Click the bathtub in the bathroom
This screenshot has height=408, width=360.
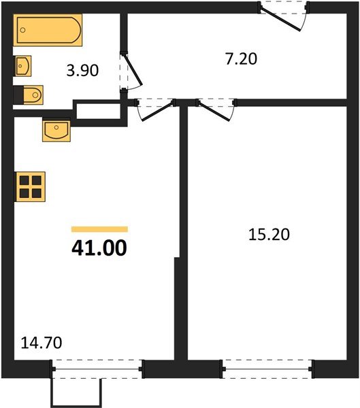click(x=49, y=31)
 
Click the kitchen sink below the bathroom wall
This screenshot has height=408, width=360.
click(x=56, y=129)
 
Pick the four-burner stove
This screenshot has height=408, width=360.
click(x=30, y=185)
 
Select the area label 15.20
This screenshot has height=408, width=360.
click(x=270, y=235)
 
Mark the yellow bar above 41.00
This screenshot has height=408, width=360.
click(x=99, y=229)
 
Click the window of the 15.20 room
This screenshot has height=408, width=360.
click(x=267, y=369)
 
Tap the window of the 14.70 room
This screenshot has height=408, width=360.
click(x=98, y=369)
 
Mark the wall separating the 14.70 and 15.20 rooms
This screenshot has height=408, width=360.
click(x=181, y=272)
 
